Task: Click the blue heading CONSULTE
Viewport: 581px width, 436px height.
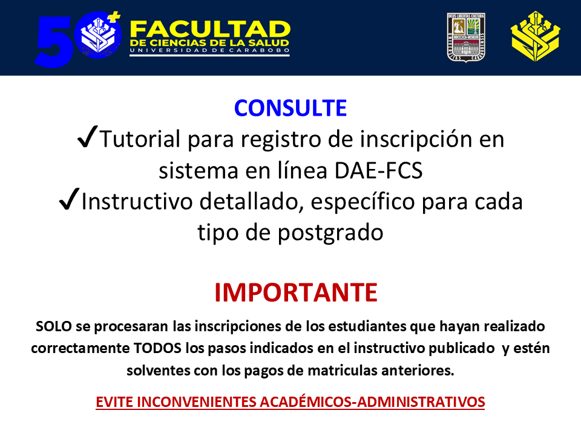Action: pyautogui.click(x=290, y=108)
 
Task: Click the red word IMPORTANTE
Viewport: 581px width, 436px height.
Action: pyautogui.click(x=296, y=292)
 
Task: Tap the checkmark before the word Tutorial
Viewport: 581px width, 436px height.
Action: pyautogui.click(x=87, y=136)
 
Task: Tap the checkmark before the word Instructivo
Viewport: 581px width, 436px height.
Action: pyautogui.click(x=69, y=199)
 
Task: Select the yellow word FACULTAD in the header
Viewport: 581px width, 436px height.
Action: pyautogui.click(x=210, y=29)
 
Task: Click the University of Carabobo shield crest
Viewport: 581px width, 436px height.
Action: pyautogui.click(x=466, y=37)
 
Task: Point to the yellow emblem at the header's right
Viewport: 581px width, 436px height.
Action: pyautogui.click(x=536, y=36)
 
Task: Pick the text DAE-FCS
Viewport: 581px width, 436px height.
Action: pyautogui.click(x=378, y=171)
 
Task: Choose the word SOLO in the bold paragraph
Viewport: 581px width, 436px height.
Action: pyautogui.click(x=54, y=326)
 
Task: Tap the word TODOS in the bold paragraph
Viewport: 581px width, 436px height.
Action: pyautogui.click(x=157, y=348)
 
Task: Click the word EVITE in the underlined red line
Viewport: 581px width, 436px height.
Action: pyautogui.click(x=114, y=402)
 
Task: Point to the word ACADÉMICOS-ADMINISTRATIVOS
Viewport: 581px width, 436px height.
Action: pyautogui.click(x=372, y=402)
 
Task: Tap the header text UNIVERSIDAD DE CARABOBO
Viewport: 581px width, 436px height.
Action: pyautogui.click(x=210, y=50)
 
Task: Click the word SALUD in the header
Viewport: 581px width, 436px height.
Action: pyautogui.click(x=269, y=43)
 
